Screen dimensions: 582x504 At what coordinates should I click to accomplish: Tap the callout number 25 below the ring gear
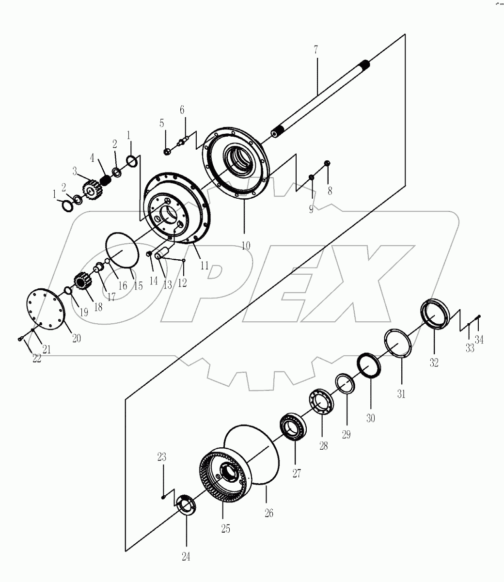(225, 529)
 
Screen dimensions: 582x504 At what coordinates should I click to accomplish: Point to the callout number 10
(246, 245)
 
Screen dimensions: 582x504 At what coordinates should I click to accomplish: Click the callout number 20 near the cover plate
(76, 338)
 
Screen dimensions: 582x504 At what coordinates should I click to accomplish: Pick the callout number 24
(186, 557)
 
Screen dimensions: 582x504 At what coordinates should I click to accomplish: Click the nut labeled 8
(327, 163)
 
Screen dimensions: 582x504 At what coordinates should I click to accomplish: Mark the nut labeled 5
(166, 152)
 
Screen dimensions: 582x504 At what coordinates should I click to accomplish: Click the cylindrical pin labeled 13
(161, 253)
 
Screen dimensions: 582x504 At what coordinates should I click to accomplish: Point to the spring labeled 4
(106, 182)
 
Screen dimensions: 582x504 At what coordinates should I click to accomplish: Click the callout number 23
(162, 457)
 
